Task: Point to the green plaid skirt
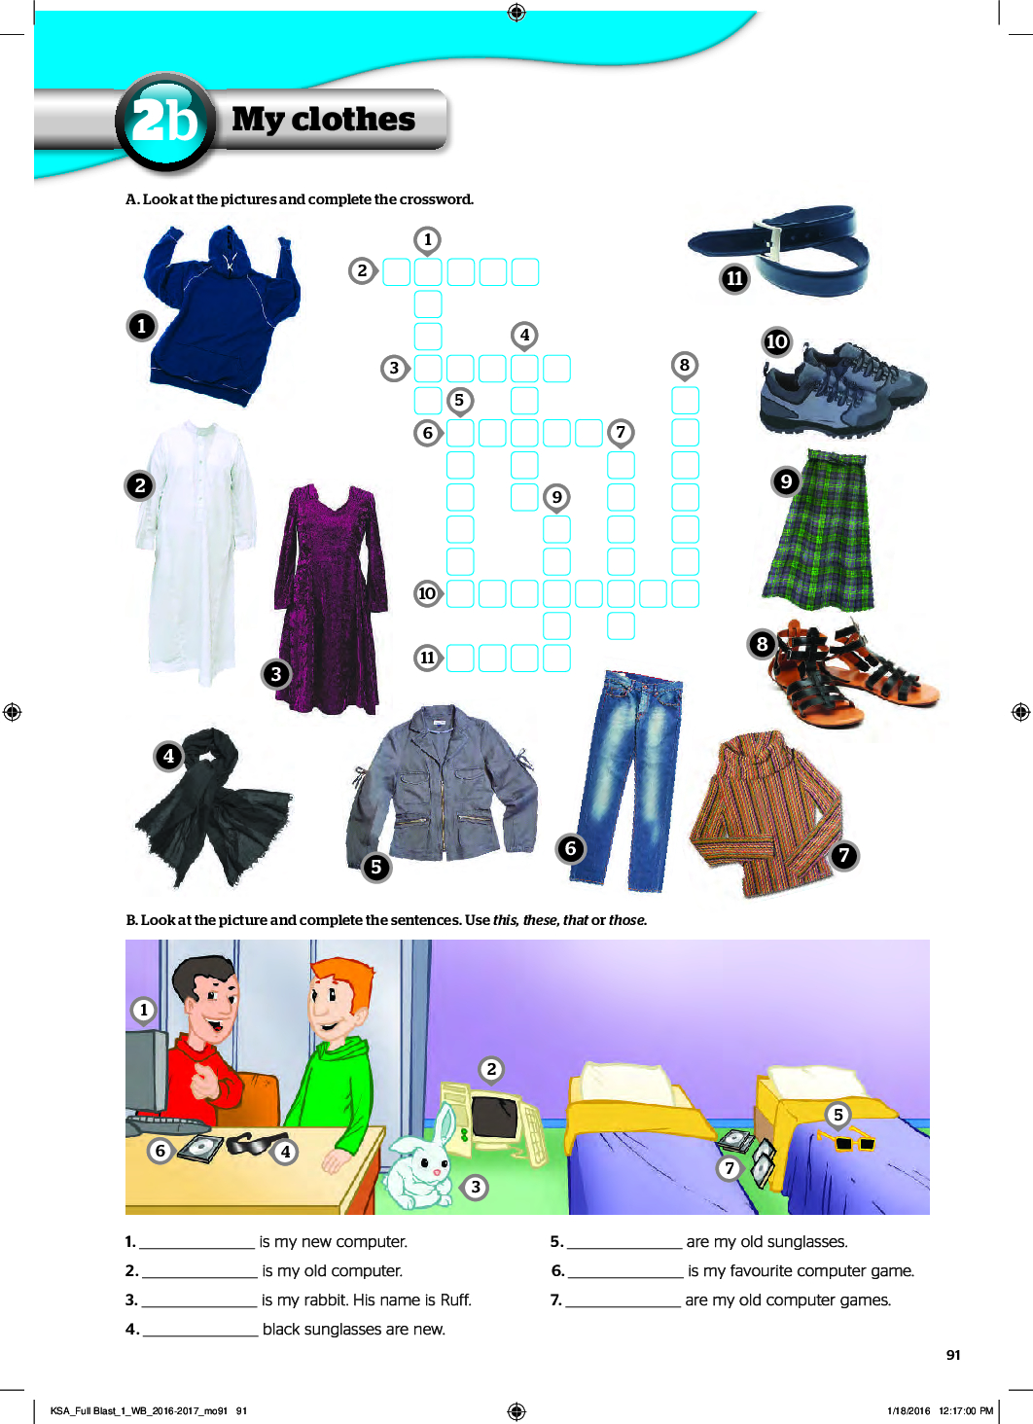819,531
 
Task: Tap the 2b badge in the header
165,121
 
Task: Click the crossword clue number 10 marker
427,593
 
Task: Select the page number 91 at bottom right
953,1355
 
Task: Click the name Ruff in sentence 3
455,1300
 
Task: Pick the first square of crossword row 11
460,658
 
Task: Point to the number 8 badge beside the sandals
763,644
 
